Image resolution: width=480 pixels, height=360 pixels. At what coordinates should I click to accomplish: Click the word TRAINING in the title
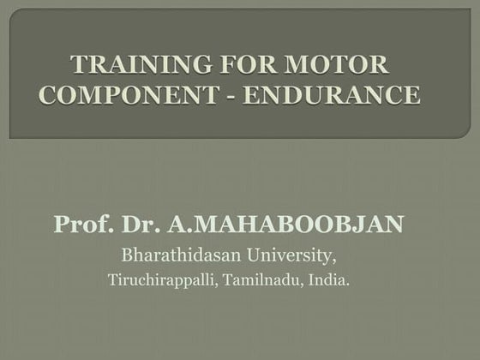(128, 64)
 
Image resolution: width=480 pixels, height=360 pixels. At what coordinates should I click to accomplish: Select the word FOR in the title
(226, 64)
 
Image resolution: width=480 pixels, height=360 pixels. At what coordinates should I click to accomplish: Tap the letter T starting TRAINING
(78, 64)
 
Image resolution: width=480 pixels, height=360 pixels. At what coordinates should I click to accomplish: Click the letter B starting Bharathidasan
(126, 255)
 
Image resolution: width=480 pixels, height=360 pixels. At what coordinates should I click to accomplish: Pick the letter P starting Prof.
(60, 225)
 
